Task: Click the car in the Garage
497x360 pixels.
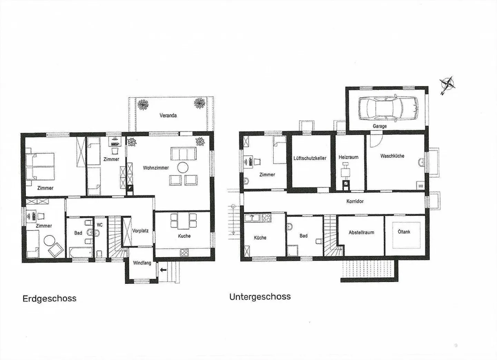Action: point(388,107)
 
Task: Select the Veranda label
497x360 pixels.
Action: point(168,116)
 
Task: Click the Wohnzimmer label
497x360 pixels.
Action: point(156,168)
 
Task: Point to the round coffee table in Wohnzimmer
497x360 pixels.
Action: point(183,168)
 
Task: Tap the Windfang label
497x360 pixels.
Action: point(142,263)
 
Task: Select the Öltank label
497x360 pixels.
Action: point(404,232)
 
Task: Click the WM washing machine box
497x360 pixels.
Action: point(420,186)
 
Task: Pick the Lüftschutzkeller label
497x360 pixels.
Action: point(310,158)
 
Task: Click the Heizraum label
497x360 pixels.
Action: point(348,157)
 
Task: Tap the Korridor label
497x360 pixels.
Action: point(355,201)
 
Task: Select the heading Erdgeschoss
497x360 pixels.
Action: point(49,299)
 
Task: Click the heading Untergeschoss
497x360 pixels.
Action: point(260,297)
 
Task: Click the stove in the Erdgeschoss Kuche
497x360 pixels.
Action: point(184,252)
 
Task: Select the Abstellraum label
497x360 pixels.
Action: point(361,232)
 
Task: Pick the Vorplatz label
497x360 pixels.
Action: point(140,230)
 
